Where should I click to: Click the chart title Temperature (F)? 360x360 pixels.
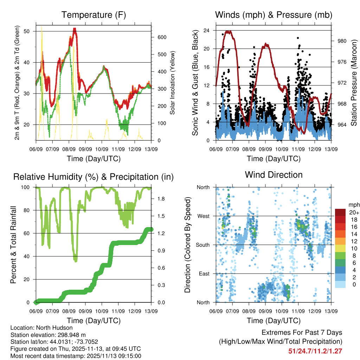coord(94,15)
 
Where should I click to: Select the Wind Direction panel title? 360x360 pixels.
coord(274,174)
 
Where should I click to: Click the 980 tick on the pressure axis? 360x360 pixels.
coord(342,41)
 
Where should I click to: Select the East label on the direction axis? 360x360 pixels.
coord(204,274)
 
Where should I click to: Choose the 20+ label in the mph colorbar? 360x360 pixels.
coord(353,213)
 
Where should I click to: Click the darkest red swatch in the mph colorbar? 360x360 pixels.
coord(340,212)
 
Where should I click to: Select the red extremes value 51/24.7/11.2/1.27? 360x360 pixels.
coord(315,351)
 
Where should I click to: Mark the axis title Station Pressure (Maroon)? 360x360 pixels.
coord(354,83)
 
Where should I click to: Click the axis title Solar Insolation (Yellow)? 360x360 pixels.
coord(172,83)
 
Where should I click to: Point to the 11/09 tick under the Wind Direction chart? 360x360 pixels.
coord(298,311)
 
